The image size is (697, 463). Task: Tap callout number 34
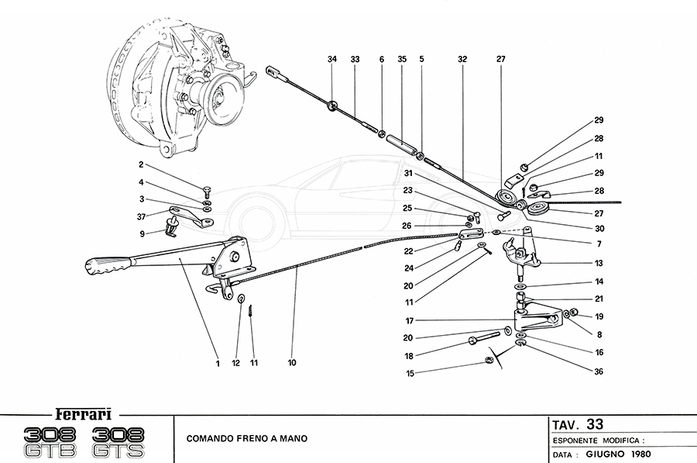(x=332, y=59)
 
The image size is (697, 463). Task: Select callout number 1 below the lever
(x=219, y=362)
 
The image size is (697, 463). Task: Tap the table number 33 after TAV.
(x=595, y=424)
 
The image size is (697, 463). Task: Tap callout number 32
(x=462, y=59)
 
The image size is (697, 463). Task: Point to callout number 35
(x=402, y=59)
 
